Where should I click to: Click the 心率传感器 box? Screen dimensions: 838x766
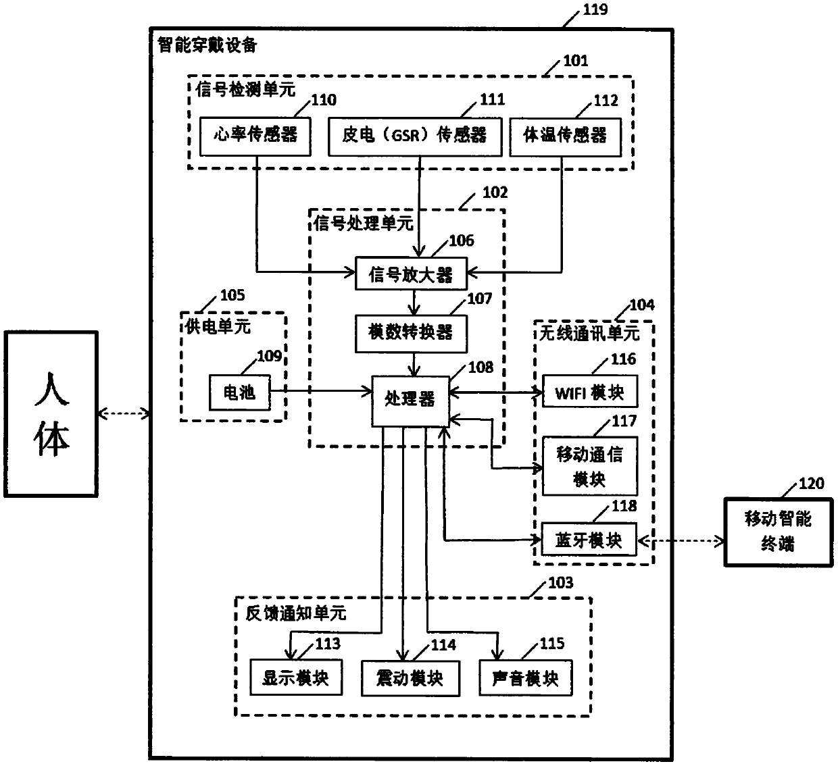(255, 137)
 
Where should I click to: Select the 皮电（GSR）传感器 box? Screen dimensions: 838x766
(415, 137)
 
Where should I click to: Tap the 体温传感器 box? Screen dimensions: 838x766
(565, 137)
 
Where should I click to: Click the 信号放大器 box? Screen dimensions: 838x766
(411, 274)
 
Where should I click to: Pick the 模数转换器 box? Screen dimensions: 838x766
(411, 334)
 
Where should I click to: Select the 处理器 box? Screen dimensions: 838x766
(410, 401)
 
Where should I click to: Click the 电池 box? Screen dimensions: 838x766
(239, 392)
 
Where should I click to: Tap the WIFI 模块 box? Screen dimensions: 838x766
(590, 391)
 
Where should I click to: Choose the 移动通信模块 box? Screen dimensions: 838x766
(590, 466)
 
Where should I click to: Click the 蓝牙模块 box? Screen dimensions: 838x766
(589, 539)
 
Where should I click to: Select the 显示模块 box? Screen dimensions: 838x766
(296, 678)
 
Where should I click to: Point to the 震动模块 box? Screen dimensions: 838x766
(410, 678)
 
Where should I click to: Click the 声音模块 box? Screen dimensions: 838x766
(526, 678)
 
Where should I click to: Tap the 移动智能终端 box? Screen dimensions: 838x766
(779, 532)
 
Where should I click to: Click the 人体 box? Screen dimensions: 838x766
(51, 414)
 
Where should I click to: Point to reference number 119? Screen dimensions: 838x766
(595, 9)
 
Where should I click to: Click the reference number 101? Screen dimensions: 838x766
(576, 61)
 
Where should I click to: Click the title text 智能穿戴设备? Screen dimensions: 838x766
(207, 45)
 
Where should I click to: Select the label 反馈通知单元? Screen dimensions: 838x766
(296, 613)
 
